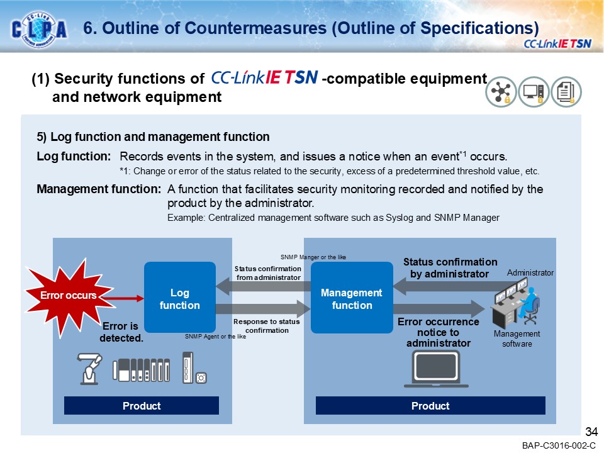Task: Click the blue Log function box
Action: tap(179, 298)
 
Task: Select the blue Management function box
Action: tap(352, 298)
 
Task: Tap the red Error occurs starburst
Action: tap(62, 295)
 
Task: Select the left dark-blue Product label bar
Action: tap(142, 406)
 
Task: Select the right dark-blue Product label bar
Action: tap(430, 406)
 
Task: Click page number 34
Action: tap(591, 432)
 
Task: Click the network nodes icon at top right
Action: tap(501, 93)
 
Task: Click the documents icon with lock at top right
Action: tap(566, 93)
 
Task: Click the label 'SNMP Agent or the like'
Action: tap(215, 337)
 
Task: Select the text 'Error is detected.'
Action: tap(121, 332)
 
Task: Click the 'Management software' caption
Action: tap(517, 339)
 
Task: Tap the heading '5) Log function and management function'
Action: tap(154, 137)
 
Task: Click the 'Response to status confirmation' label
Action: tap(267, 325)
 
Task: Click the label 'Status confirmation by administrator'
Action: tap(450, 268)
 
